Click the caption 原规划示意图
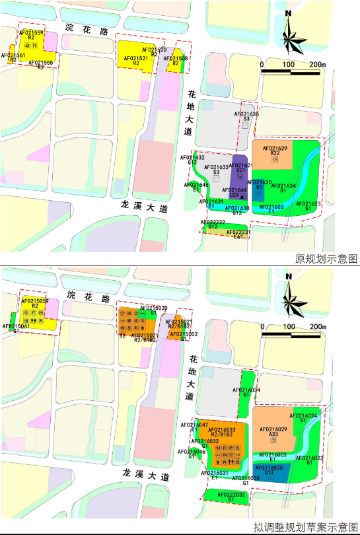[x=326, y=259]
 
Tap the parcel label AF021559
[x=32, y=32]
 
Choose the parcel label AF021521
[x=137, y=58]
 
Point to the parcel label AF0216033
[x=221, y=430]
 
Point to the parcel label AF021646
[x=196, y=185]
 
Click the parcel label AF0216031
[x=214, y=473]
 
